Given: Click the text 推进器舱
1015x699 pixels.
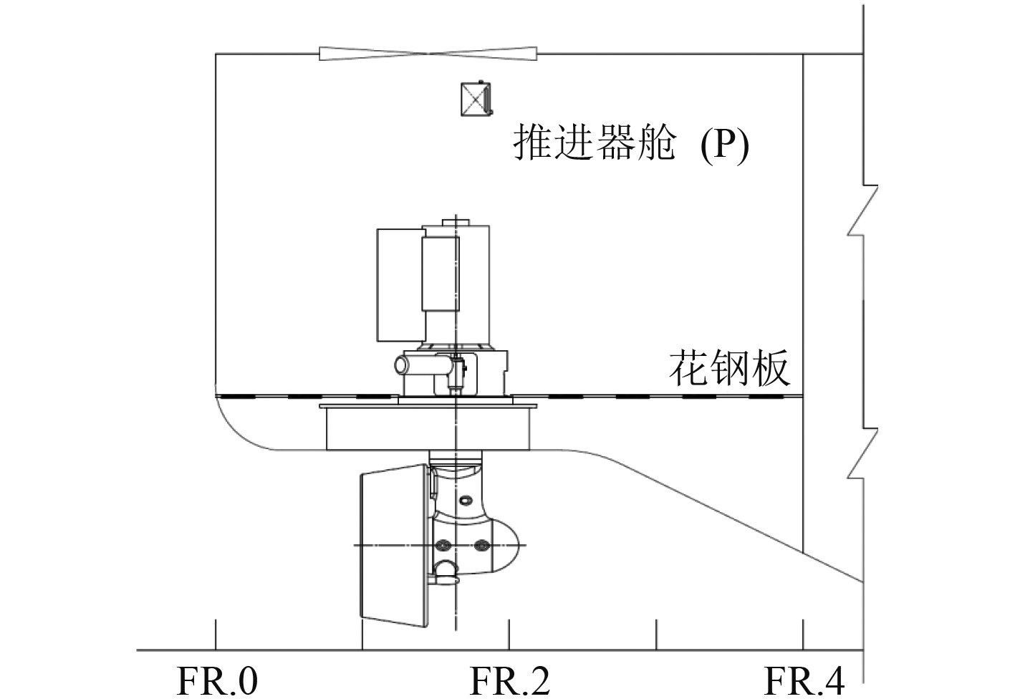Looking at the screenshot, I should pos(595,143).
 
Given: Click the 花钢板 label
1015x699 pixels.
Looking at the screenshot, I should pos(730,368).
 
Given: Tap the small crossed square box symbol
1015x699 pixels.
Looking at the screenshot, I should pos(476,99).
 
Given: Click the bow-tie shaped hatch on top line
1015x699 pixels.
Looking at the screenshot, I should pos(428,54).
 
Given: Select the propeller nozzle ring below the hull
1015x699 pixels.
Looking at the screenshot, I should pos(395,544).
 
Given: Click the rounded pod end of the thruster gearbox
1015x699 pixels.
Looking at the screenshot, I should pos(504,546).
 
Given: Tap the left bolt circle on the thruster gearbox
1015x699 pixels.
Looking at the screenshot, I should pos(445,546).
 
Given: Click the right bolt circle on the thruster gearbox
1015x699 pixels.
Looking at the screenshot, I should pos(481,546).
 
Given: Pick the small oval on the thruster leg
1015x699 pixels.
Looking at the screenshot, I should pos(466,499).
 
